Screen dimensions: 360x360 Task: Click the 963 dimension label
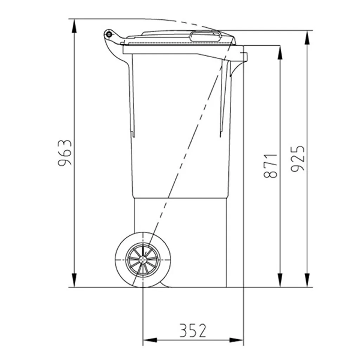65,153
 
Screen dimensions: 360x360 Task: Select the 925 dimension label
297,159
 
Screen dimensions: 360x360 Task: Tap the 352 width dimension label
193,330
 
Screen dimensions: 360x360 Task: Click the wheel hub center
143,259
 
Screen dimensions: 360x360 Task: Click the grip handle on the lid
205,37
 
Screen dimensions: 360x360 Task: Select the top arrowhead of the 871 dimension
280,53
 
